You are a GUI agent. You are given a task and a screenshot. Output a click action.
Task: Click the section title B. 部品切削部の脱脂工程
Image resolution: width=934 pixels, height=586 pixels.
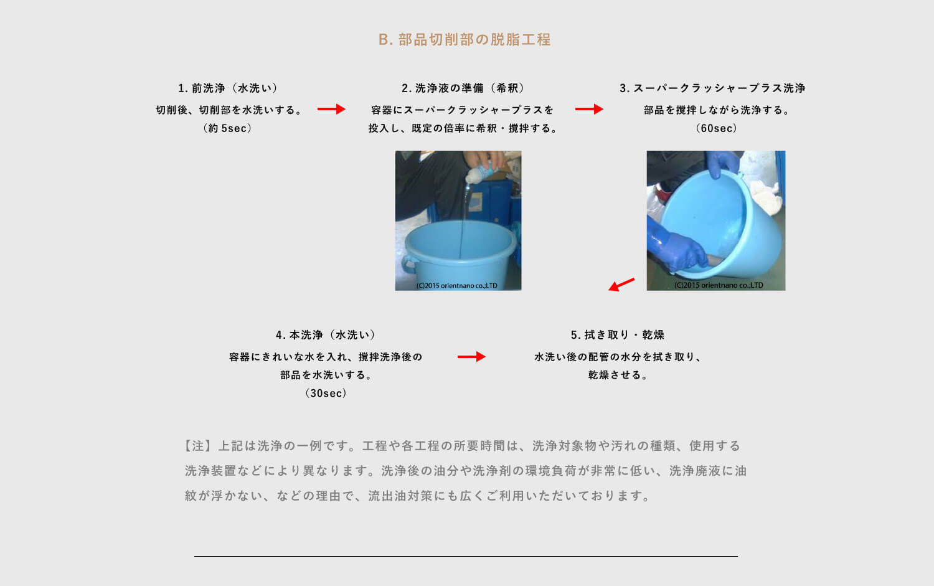click(465, 40)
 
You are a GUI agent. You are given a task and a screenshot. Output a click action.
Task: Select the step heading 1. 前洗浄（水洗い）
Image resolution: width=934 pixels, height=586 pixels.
click(228, 88)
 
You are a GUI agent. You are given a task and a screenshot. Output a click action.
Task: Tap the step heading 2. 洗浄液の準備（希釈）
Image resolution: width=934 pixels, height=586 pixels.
click(463, 88)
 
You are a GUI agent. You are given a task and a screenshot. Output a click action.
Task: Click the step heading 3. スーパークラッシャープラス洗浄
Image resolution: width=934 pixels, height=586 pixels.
click(712, 88)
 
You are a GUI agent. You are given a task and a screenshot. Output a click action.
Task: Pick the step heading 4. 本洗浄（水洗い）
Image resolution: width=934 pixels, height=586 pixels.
click(326, 335)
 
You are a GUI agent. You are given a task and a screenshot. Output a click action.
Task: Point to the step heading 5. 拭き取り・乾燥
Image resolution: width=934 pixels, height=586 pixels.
click(618, 335)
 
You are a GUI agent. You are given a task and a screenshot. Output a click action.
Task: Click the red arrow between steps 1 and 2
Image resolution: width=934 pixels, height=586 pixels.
click(331, 109)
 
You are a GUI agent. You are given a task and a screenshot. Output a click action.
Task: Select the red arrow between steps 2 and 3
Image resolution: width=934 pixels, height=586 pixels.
click(589, 109)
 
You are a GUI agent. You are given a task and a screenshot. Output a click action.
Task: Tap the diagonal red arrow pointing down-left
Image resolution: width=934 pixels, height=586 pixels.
click(621, 285)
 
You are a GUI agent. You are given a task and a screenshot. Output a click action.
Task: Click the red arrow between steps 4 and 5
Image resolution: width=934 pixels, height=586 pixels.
click(471, 357)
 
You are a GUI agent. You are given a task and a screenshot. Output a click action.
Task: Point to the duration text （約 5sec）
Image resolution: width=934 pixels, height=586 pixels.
click(228, 128)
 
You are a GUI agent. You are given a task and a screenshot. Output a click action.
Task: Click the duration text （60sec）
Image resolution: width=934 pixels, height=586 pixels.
click(716, 128)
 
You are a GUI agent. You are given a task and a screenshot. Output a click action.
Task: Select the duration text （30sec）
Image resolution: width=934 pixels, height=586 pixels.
click(326, 394)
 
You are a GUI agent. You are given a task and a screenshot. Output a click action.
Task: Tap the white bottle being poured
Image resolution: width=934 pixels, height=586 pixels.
click(479, 172)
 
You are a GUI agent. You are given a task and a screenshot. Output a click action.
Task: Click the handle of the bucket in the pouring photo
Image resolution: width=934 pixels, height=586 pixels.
click(408, 265)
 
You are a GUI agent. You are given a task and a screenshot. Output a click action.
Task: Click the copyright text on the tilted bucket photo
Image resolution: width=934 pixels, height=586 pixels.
click(719, 285)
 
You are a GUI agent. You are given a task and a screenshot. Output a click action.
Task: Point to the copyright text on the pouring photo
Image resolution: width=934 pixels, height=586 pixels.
click(456, 286)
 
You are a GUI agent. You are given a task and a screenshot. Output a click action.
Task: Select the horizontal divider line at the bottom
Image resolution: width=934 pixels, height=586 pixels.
click(466, 556)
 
